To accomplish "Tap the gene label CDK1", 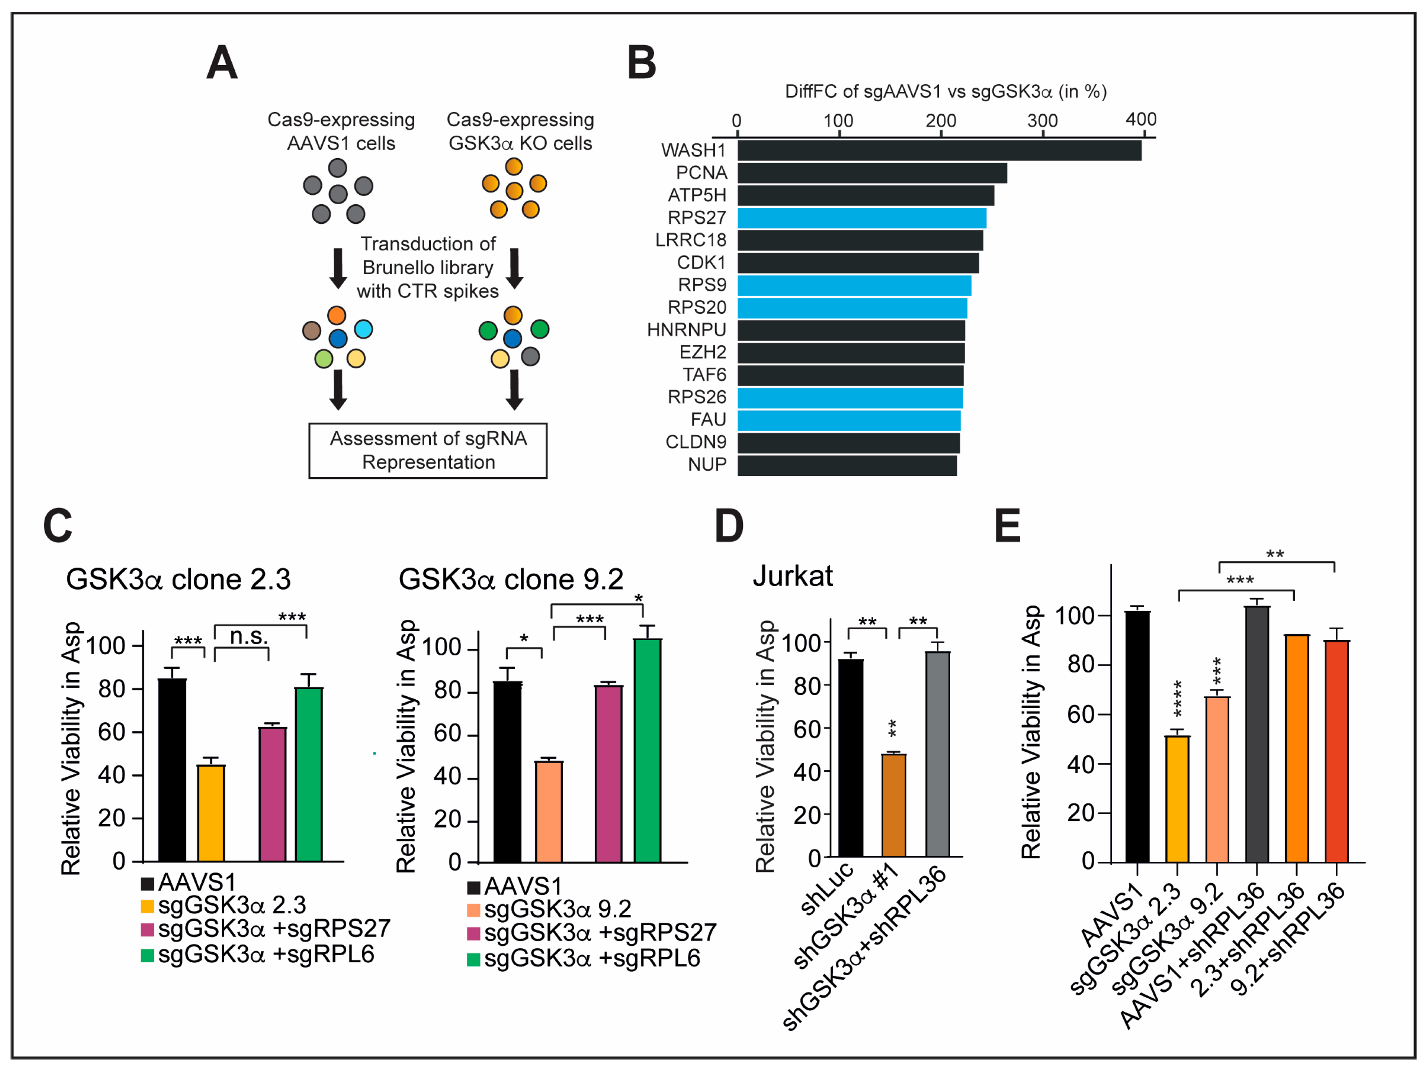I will [701, 263].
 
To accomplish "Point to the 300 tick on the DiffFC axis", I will [1042, 121].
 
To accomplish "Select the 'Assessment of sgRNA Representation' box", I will [428, 450].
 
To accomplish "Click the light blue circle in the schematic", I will [363, 329].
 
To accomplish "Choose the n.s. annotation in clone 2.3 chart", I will [249, 637].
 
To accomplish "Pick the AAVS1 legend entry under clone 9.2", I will [515, 886].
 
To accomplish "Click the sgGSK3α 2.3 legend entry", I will [223, 905].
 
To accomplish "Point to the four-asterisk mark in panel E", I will [1178, 698].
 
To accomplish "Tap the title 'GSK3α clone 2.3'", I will [178, 579].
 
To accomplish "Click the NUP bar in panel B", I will [846, 465].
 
